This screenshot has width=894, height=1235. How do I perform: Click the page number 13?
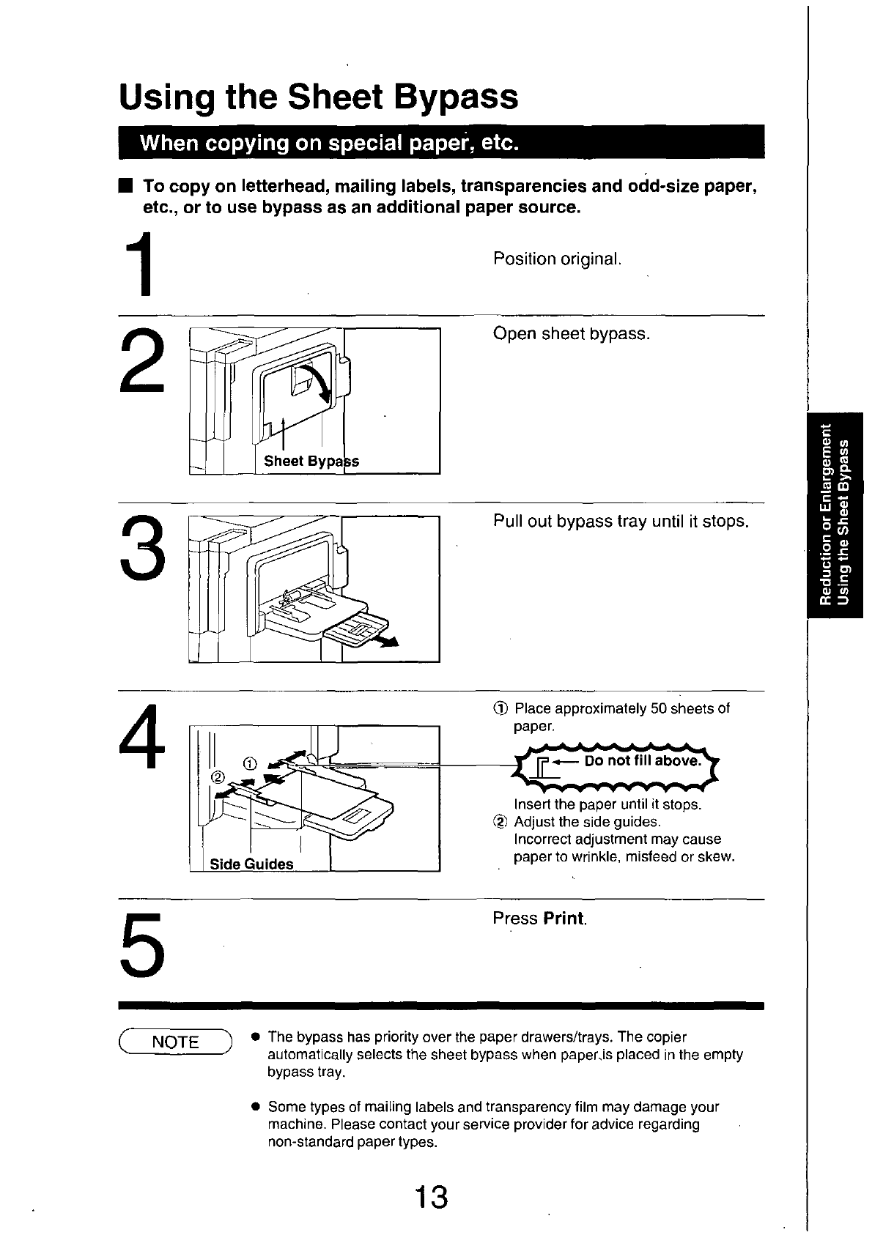point(432,1196)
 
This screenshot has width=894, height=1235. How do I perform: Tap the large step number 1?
point(140,264)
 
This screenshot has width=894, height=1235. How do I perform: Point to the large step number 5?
point(142,945)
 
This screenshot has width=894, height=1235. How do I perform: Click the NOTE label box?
point(175,1042)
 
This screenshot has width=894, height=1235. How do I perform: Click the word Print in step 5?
point(563,919)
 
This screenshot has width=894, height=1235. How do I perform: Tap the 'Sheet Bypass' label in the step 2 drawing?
point(311,461)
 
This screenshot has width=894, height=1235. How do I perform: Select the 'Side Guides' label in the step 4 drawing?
point(251,864)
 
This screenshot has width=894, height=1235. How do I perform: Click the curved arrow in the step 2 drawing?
point(317,382)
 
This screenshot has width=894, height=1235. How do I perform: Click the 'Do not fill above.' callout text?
point(643,761)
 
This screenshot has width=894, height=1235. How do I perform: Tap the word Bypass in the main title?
point(456,97)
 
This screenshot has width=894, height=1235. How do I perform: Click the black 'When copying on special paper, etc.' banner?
point(441,142)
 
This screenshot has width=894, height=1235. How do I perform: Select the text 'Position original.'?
point(557,259)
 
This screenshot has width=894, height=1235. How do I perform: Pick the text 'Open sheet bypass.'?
point(572,333)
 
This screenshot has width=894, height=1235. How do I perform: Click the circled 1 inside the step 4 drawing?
point(250,763)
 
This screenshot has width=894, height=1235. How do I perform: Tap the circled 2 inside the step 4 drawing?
point(218,777)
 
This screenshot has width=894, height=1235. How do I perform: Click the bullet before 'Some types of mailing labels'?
point(255,1107)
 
